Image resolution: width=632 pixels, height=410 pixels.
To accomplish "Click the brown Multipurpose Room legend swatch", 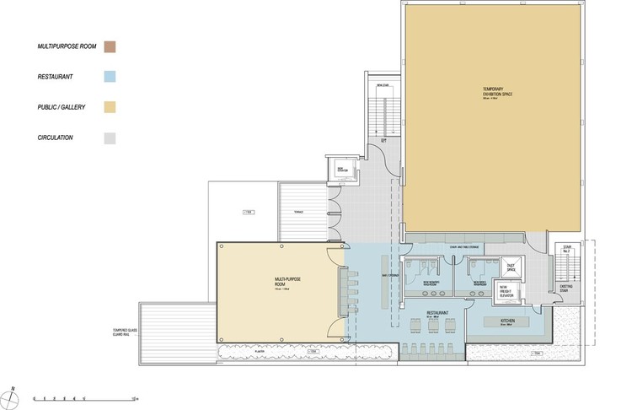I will point(110,46).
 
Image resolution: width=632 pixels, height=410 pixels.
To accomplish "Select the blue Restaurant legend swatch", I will point(110,77).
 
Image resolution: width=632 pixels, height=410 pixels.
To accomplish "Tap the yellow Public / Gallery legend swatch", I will point(110,107).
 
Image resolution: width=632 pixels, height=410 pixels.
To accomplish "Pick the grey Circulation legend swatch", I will point(110,138).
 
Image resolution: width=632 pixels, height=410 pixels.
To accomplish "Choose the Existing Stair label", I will point(565,288).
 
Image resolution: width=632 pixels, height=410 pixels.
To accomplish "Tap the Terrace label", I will point(298,211).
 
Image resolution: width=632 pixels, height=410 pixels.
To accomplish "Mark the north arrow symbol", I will point(14,392).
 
